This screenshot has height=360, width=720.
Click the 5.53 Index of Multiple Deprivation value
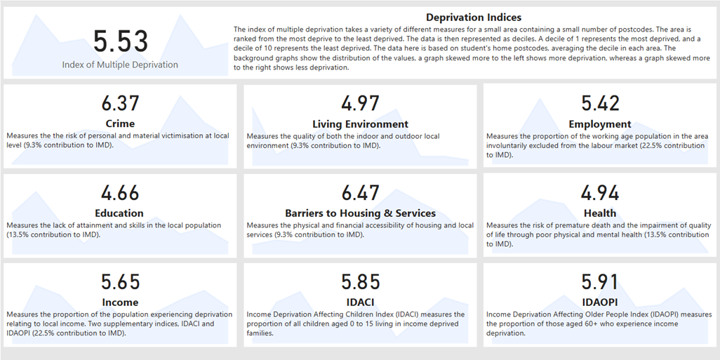(x=120, y=41)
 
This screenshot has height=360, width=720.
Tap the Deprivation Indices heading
(x=474, y=17)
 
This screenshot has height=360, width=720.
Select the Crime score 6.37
(x=120, y=103)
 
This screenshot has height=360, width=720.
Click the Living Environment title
(x=360, y=124)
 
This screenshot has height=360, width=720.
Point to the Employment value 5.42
(x=600, y=103)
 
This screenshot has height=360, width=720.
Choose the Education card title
(x=120, y=213)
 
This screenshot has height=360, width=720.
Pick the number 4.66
(x=120, y=192)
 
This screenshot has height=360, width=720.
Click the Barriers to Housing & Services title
(x=360, y=213)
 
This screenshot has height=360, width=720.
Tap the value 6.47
(x=360, y=192)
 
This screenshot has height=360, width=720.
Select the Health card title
(x=600, y=213)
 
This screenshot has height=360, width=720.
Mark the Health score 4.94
(x=600, y=192)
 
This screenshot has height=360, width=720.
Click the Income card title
(x=120, y=302)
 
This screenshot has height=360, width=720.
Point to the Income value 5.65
(x=120, y=281)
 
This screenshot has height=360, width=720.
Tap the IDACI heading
(x=360, y=302)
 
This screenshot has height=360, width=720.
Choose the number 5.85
(x=360, y=281)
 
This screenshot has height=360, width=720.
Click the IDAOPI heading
(x=600, y=302)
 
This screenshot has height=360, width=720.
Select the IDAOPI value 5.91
(x=600, y=281)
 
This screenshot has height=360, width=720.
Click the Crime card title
(x=120, y=124)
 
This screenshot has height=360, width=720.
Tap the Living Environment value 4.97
(x=360, y=103)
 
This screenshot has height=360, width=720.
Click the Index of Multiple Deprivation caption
(x=120, y=65)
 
